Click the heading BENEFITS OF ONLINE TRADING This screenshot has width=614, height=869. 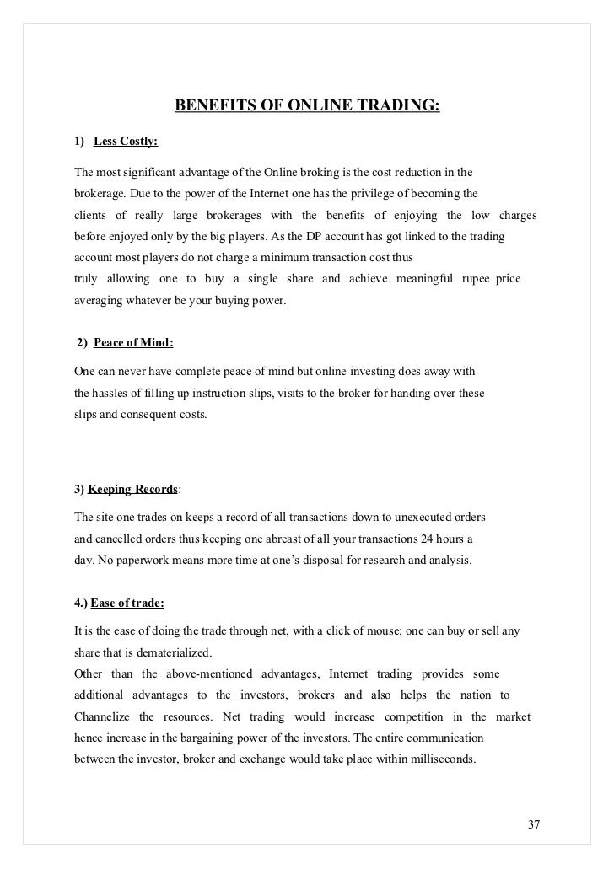(x=307, y=106)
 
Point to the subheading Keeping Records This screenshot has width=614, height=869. (x=132, y=489)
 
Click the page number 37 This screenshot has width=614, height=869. (x=532, y=823)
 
